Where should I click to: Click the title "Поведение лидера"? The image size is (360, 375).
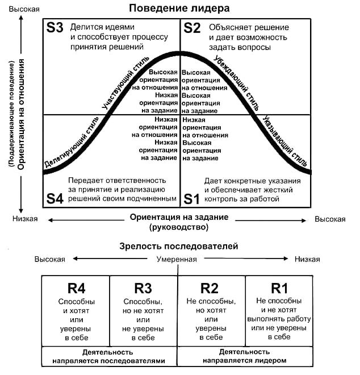179,9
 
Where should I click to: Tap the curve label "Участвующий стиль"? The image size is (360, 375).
124,83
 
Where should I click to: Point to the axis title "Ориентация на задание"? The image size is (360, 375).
179,217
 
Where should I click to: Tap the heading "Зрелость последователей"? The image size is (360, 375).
179,246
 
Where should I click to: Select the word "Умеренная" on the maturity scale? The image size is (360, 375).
177,259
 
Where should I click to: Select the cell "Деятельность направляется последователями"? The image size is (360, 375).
109,356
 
